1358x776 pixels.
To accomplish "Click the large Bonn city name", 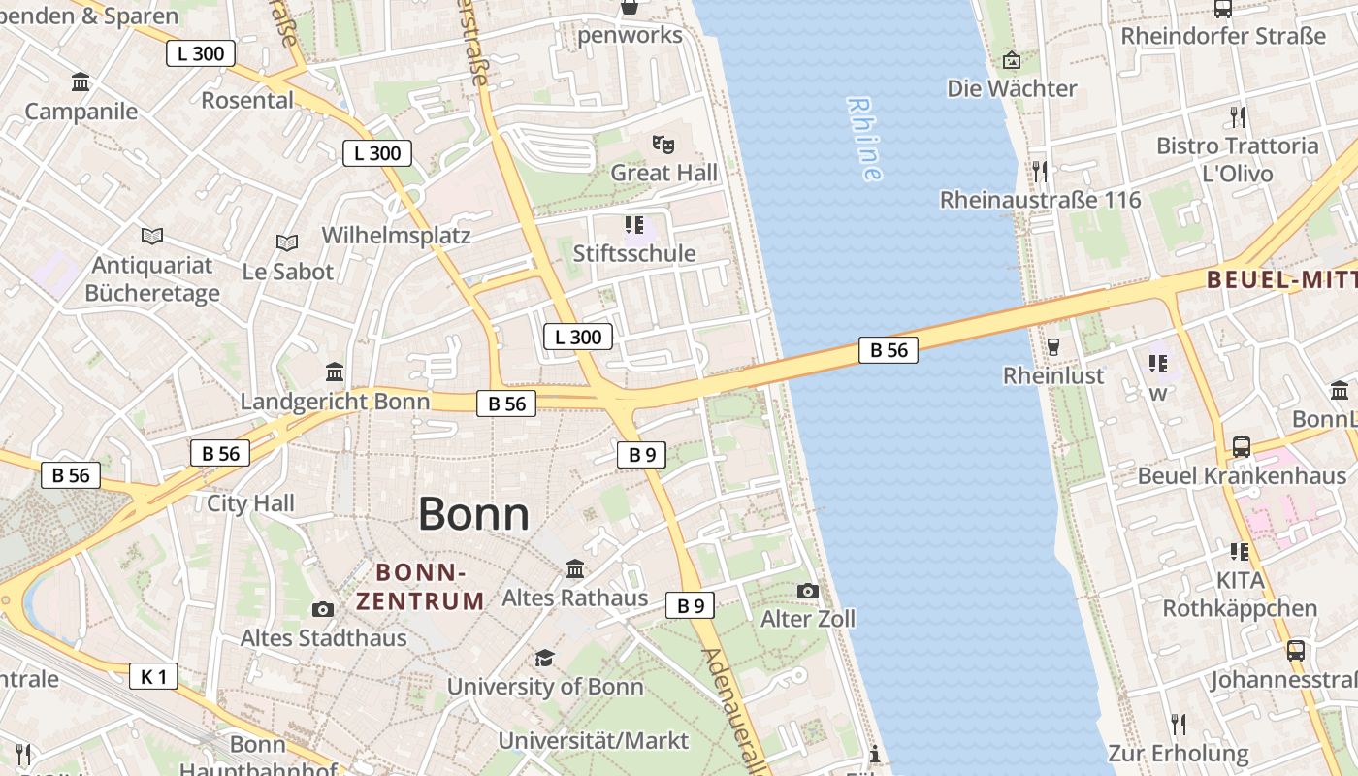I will [473, 514].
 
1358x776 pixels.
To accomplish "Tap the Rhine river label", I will [864, 139].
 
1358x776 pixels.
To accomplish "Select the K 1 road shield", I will [154, 676].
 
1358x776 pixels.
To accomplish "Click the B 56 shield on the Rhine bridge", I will [888, 350].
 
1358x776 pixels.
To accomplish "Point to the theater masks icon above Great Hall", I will [663, 145].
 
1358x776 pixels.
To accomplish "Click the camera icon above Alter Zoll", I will [807, 591].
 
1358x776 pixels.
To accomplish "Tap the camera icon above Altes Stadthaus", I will [323, 609].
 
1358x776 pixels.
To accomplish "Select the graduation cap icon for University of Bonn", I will [544, 659].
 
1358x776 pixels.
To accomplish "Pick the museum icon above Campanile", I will [81, 82].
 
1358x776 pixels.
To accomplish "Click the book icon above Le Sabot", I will [287, 242].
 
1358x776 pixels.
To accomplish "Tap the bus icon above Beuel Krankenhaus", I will [1242, 447].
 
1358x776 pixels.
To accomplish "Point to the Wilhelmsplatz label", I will [396, 236].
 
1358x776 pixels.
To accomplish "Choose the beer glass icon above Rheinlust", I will [1053, 346].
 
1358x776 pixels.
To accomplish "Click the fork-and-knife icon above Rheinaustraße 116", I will [1040, 172].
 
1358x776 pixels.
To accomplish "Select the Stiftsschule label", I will [634, 254].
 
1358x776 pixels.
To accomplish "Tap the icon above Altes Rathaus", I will [575, 568].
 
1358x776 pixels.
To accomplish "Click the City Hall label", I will [250, 503].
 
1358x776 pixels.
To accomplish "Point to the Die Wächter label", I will [1012, 89].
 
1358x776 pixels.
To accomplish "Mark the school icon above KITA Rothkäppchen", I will [1239, 552].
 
